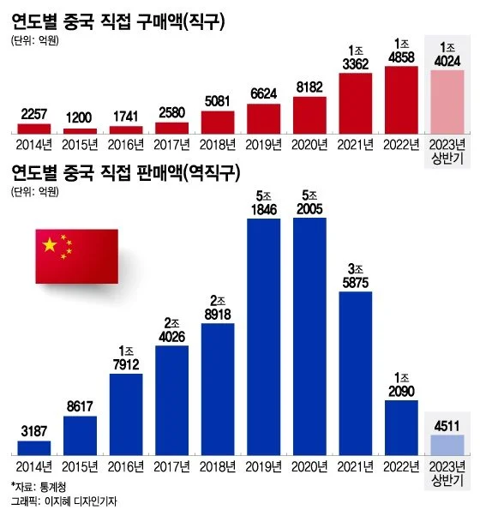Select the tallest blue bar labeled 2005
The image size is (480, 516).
click(310, 334)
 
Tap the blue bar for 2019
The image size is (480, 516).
click(264, 334)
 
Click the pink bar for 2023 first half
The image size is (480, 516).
click(448, 99)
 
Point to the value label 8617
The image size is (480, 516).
click(80, 406)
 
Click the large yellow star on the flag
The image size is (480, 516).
click(49, 246)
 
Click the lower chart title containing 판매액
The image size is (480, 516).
click(129, 171)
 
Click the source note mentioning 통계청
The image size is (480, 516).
click(36, 486)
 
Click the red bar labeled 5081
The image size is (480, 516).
click(218, 117)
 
